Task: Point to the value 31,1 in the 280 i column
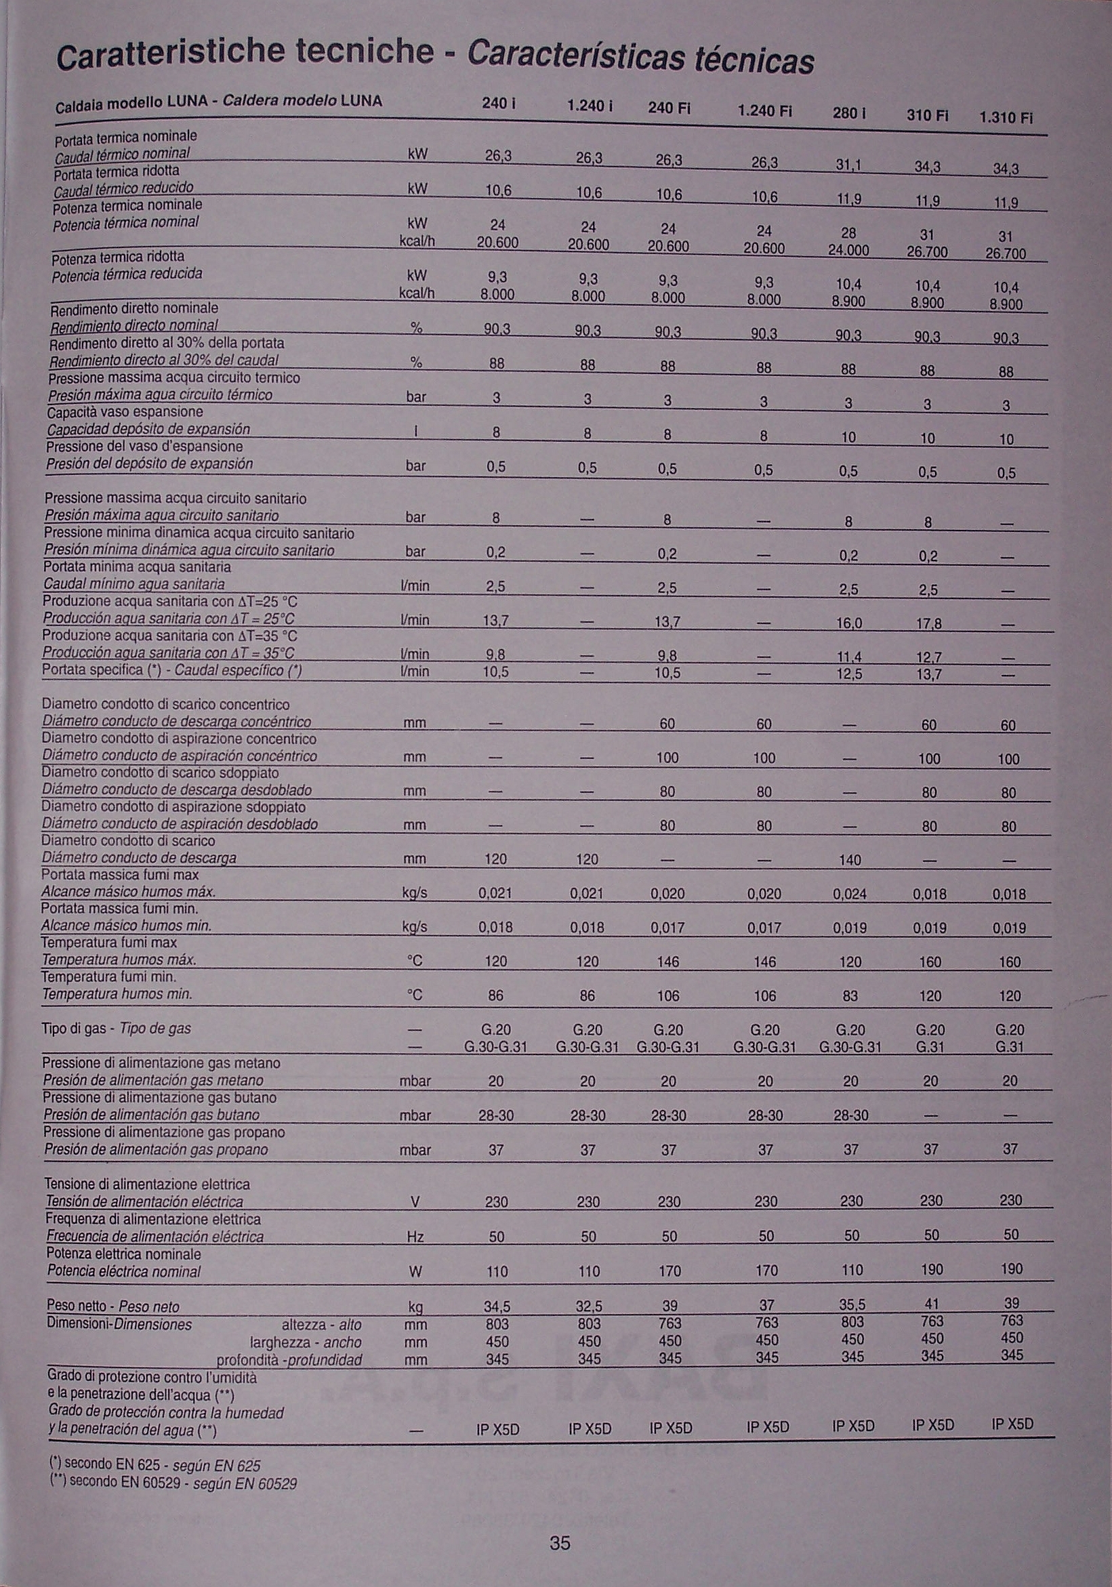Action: click(848, 166)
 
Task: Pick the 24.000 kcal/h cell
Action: click(848, 251)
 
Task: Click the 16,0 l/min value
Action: click(849, 623)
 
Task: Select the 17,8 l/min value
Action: click(929, 624)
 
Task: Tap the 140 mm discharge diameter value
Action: click(850, 860)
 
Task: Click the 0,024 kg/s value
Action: click(850, 894)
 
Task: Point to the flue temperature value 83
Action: click(850, 996)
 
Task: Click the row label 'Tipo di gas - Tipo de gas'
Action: click(116, 1029)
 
